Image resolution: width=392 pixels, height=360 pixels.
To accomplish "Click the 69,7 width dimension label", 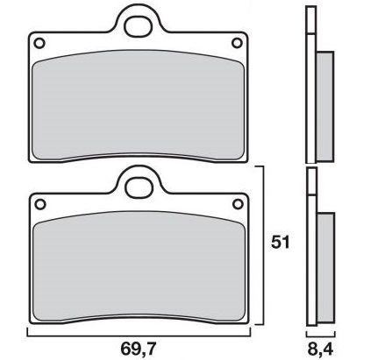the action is [139, 349].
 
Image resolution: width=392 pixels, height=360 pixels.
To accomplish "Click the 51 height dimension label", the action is [281, 243].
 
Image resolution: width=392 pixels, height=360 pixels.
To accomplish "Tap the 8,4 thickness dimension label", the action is [320, 349].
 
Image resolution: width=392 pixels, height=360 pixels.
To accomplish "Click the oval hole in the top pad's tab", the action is [139, 26].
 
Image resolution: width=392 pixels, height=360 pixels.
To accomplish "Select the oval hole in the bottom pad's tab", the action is [139, 187].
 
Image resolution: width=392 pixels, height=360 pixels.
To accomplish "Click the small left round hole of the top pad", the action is [39, 43].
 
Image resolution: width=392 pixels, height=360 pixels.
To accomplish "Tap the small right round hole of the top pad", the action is [237, 43].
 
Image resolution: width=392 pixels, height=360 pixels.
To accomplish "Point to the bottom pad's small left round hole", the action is [40, 204].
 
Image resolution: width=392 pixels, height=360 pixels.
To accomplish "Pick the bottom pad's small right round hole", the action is [238, 203].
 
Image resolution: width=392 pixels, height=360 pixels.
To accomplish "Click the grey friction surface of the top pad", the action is [138, 105].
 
